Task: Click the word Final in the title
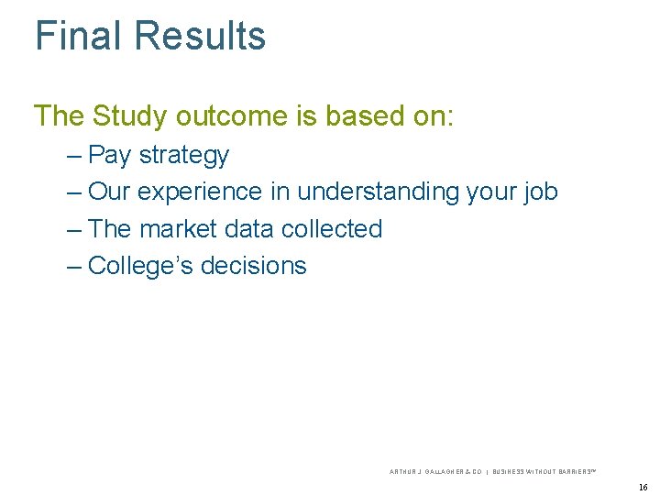pyautogui.click(x=78, y=37)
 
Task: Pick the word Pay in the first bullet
pyautogui.click(x=110, y=156)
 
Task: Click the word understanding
pyautogui.click(x=379, y=192)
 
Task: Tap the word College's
pyautogui.click(x=140, y=266)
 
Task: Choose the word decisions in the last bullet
pyautogui.click(x=253, y=266)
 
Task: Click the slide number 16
pyautogui.click(x=643, y=487)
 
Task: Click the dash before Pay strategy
pyautogui.click(x=74, y=156)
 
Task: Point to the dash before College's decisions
pyautogui.click(x=74, y=266)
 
